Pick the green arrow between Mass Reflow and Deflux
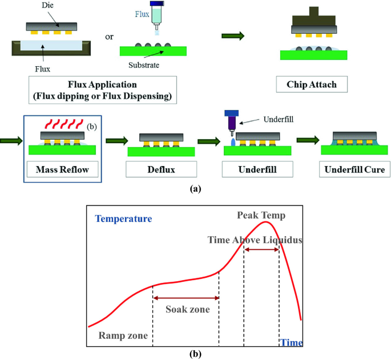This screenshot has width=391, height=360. pyautogui.click(x=117, y=138)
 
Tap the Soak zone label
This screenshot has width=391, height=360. pyautogui.click(x=188, y=310)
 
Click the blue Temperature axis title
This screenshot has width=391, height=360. pyautogui.click(x=124, y=219)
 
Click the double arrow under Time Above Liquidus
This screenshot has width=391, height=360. pyautogui.click(x=261, y=250)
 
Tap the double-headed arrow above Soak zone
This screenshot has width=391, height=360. pyautogui.click(x=186, y=298)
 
